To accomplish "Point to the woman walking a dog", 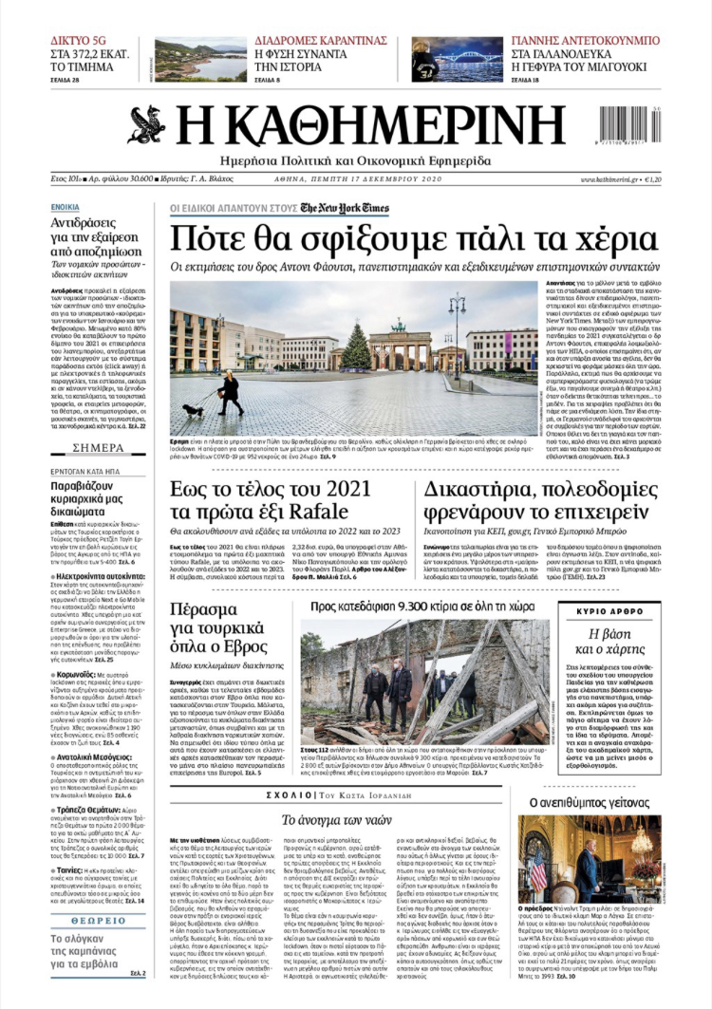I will [229, 390].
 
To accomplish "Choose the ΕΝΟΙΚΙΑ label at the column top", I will [66, 206].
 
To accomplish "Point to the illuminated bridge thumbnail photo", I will [457, 59].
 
